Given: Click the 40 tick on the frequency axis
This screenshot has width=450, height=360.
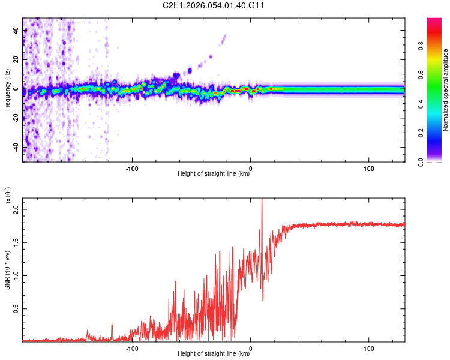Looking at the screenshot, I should tap(16, 30).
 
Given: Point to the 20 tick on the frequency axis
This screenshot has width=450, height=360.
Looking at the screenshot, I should tap(16, 59).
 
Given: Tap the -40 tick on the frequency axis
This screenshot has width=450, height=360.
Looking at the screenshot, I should tap(15, 148).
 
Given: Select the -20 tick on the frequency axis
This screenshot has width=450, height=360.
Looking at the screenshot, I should tap(15, 118).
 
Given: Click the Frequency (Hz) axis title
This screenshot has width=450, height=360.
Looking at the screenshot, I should tap(7, 90).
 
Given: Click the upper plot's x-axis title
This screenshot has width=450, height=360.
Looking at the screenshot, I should tap(214, 174).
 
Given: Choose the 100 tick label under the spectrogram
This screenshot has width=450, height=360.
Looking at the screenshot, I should tap(369, 167).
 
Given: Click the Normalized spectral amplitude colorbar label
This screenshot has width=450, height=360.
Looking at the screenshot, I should tap(446, 90).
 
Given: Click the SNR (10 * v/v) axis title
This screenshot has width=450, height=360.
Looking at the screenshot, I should tap(7, 270).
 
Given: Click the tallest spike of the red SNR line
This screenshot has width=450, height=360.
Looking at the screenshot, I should tap(262, 200).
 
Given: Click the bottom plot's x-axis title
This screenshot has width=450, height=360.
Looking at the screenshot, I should tap(214, 354).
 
